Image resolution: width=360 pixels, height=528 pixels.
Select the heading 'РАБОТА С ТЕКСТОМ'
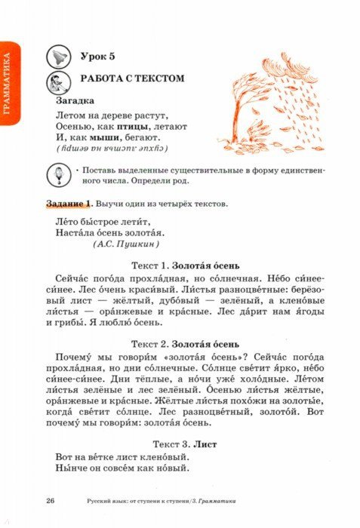coord(132,78)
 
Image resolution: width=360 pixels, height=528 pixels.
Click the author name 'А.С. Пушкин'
coord(126,244)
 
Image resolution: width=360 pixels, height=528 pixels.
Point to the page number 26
coord(50,501)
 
